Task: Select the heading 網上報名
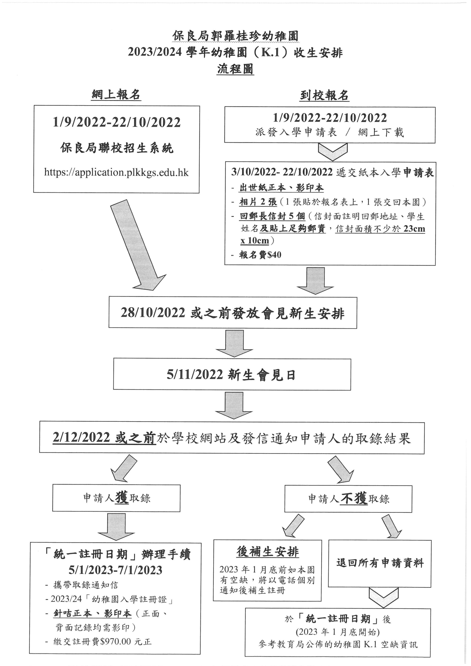(x=116, y=95)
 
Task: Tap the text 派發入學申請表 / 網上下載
(x=330, y=133)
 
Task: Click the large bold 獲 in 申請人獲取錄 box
(x=122, y=498)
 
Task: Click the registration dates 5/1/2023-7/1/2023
(x=115, y=576)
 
